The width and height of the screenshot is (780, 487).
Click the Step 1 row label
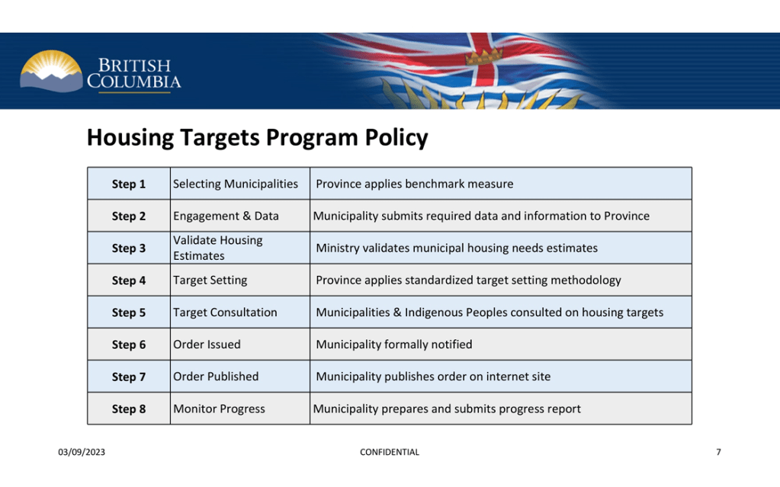[x=128, y=184]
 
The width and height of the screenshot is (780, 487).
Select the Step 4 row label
[x=128, y=280]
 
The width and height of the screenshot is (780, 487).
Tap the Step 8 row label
[x=128, y=409]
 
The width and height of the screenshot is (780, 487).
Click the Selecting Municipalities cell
[x=236, y=184]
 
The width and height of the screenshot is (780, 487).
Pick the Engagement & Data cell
[x=226, y=216]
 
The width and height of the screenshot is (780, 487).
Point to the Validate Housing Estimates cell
[x=217, y=248]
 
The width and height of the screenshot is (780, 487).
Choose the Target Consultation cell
[x=225, y=312]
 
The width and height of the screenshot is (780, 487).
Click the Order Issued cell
[x=207, y=344]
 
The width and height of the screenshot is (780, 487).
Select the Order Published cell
[x=216, y=376]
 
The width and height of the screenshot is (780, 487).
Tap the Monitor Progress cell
[x=219, y=409]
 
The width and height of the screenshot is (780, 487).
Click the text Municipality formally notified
[x=394, y=344]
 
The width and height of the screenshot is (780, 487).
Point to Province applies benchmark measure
[x=414, y=184]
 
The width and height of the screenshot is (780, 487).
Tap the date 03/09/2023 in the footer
[x=82, y=452]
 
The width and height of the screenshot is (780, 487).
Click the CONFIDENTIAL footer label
[x=389, y=452]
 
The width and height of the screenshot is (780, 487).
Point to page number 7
[x=718, y=452]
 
